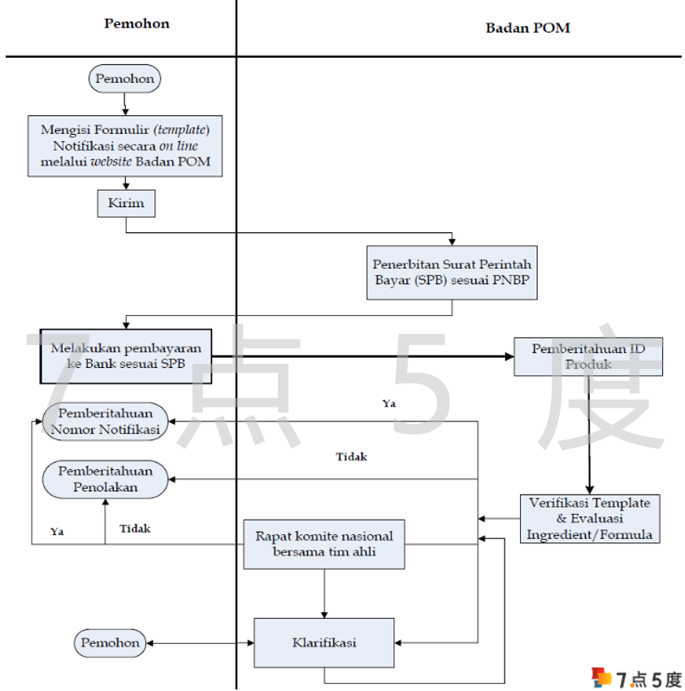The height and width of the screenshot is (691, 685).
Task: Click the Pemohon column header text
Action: click(137, 24)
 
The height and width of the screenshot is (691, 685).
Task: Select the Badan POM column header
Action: click(527, 28)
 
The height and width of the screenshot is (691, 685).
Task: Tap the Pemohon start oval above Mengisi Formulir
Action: click(124, 79)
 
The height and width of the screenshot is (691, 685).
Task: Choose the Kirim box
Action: click(126, 203)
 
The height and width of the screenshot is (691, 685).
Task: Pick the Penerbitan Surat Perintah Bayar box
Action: click(452, 272)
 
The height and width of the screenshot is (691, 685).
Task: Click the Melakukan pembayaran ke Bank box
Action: click(126, 356)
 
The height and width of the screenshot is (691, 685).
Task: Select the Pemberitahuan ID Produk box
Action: click(587, 356)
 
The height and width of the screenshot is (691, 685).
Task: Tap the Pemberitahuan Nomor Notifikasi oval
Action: click(105, 421)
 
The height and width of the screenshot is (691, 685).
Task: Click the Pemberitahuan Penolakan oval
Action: click(105, 479)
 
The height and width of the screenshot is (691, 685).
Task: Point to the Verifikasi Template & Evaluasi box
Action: click(590, 518)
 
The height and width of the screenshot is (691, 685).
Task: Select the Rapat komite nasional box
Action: click(324, 544)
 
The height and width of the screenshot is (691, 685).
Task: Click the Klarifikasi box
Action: click(324, 642)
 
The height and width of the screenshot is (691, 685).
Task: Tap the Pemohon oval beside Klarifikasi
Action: click(111, 643)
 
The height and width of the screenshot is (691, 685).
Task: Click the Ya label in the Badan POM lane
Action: click(389, 403)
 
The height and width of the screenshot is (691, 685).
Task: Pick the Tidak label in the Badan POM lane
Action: click(351, 456)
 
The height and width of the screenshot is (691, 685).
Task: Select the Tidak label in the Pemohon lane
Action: click(135, 529)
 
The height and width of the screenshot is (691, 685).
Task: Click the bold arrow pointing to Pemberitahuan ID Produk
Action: click(374, 356)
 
